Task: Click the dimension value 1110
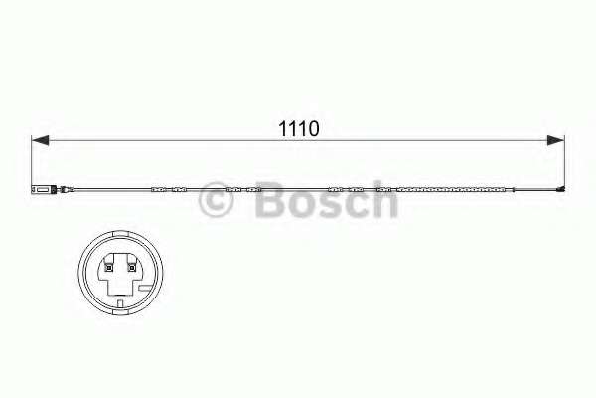297,128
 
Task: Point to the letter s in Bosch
328,204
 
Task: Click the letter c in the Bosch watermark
356,204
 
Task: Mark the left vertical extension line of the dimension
33,159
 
